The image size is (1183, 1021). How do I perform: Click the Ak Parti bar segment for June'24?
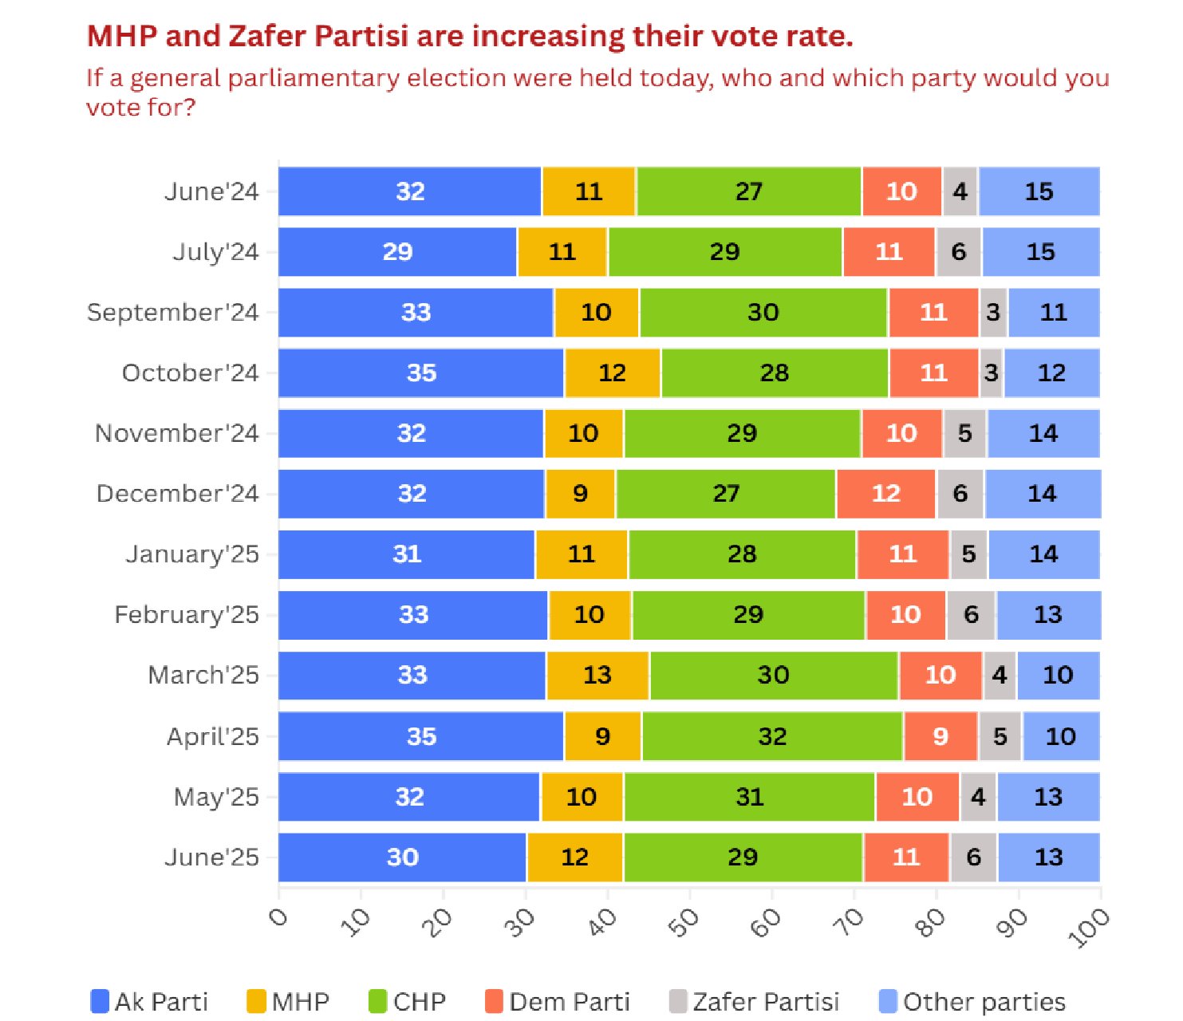coord(410,191)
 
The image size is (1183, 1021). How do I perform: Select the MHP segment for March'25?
coord(597,675)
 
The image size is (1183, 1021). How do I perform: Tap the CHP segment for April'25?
coord(772,735)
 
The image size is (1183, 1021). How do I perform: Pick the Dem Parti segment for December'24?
coord(885,494)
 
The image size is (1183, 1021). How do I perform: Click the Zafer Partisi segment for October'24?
coord(991,373)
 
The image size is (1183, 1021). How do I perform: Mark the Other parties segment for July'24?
coord(1040,252)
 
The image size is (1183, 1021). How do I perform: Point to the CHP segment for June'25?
coord(743,857)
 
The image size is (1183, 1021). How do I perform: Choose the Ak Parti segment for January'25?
coord(407,554)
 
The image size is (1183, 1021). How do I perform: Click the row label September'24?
coord(172,312)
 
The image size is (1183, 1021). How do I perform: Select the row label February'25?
coord(187,614)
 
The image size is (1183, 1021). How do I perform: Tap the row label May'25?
coord(216,796)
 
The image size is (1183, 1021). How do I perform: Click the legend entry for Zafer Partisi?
coord(754,1002)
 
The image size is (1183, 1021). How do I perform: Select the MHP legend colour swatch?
coord(256,1002)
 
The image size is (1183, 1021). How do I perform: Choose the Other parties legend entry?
coord(972,1002)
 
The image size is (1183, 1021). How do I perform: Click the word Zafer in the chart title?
coord(269,37)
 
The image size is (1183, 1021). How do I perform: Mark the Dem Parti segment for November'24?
coord(901,433)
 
